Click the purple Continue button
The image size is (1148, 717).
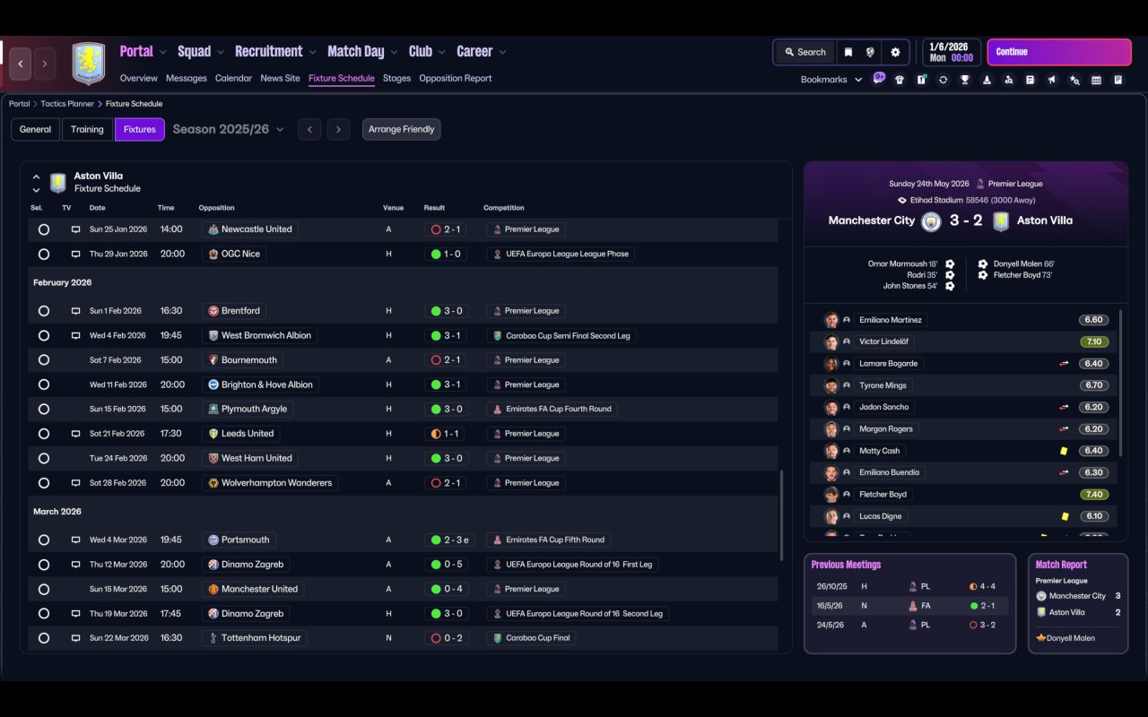pos(1058,52)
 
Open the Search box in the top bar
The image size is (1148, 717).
pos(804,52)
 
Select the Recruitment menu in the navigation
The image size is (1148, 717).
pos(269,52)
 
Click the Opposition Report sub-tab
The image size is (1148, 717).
pos(455,78)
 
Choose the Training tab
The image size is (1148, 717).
pos(87,129)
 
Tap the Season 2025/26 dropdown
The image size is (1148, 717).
pos(228,129)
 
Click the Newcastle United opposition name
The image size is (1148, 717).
pos(256,229)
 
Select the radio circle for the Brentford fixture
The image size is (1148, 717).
pos(43,311)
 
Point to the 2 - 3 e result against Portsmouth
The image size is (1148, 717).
pos(449,540)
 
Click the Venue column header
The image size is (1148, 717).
pos(393,208)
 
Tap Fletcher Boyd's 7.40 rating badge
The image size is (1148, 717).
pos(1093,494)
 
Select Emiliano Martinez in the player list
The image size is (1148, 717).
pos(890,320)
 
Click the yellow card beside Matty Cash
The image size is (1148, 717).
pos(1064,451)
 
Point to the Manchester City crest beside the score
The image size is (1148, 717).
pos(931,220)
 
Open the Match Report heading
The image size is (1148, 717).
pos(1061,565)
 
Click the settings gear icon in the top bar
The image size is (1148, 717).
pos(895,52)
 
